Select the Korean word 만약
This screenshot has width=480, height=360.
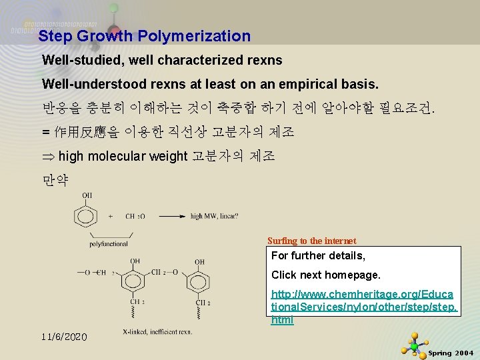55,181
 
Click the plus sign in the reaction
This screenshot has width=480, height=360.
110,216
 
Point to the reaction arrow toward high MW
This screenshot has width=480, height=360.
168,216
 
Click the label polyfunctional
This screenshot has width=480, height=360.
109,244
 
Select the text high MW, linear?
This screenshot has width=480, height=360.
215,216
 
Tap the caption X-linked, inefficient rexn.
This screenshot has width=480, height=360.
157,331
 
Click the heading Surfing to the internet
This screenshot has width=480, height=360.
311,241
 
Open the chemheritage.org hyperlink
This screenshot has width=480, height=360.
364,307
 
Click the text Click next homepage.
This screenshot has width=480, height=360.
325,275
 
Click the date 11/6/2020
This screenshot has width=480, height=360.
64,337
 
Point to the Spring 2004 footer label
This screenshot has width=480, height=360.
451,353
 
